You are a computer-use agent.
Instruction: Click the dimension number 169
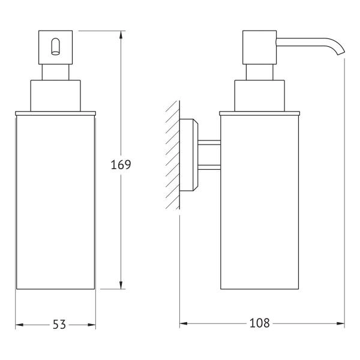click(x=121, y=164)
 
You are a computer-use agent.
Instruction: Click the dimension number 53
click(x=59, y=325)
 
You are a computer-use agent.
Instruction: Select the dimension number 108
click(x=259, y=323)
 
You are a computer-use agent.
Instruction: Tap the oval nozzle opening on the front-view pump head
click(x=55, y=47)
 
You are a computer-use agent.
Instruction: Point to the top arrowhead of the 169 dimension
click(x=121, y=35)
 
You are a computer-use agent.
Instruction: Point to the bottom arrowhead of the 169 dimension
click(x=121, y=285)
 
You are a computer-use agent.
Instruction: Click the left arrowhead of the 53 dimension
click(x=19, y=325)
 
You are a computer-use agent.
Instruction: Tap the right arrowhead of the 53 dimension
click(x=92, y=325)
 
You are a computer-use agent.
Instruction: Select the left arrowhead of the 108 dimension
click(x=184, y=323)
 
